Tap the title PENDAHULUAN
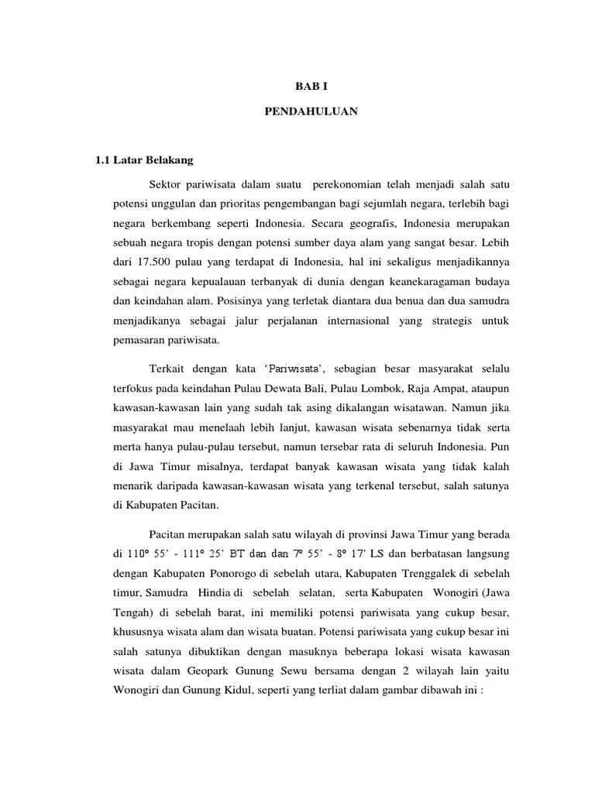coord(310,111)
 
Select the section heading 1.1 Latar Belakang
coord(144,160)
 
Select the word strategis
coord(449,319)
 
